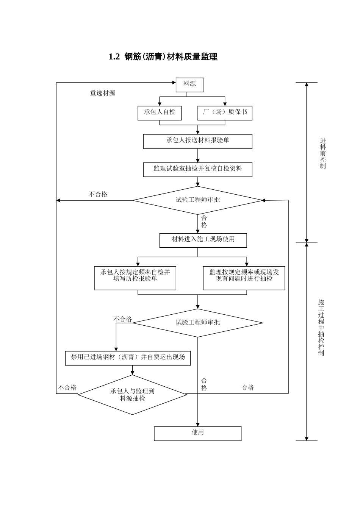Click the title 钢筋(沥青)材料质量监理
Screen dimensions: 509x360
pyautogui.click(x=163, y=57)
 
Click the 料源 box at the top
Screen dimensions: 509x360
pyautogui.click(x=189, y=84)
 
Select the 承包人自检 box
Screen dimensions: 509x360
pyautogui.click(x=160, y=112)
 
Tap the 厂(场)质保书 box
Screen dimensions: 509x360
pyautogui.click(x=225, y=112)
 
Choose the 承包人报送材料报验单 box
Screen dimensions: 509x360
pyautogui.click(x=197, y=141)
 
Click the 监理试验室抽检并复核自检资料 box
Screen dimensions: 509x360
pyautogui.click(x=197, y=169)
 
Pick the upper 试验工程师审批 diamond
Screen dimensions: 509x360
pyautogui.click(x=197, y=200)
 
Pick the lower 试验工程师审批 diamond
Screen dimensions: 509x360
pyautogui.click(x=197, y=323)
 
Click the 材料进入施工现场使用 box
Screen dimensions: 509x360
pyautogui.click(x=203, y=240)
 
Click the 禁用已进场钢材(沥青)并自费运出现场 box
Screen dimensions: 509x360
pyautogui.click(x=128, y=358)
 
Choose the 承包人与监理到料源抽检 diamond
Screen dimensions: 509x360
pyautogui.click(x=132, y=395)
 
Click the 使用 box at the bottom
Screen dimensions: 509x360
pyautogui.click(x=197, y=433)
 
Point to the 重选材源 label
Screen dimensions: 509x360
pyautogui.click(x=102, y=93)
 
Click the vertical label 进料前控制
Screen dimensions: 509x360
pyautogui.click(x=322, y=153)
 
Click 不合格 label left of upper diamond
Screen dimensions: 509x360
pyautogui.click(x=98, y=194)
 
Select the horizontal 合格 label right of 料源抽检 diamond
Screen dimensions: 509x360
pyautogui.click(x=248, y=387)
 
